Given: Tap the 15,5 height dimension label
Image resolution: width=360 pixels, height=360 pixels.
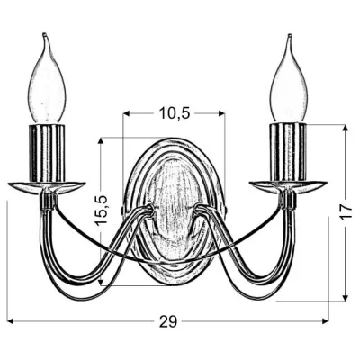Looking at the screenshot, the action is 101,210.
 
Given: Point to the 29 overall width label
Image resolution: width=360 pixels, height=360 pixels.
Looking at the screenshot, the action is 168,321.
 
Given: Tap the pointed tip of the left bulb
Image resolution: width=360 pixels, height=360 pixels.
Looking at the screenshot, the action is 44,33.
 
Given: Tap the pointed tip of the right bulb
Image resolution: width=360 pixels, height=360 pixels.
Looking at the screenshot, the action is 290,35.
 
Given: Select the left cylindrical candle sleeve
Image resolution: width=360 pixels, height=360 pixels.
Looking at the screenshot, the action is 47,153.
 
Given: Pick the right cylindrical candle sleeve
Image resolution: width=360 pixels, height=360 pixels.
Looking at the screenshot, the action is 289,153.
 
